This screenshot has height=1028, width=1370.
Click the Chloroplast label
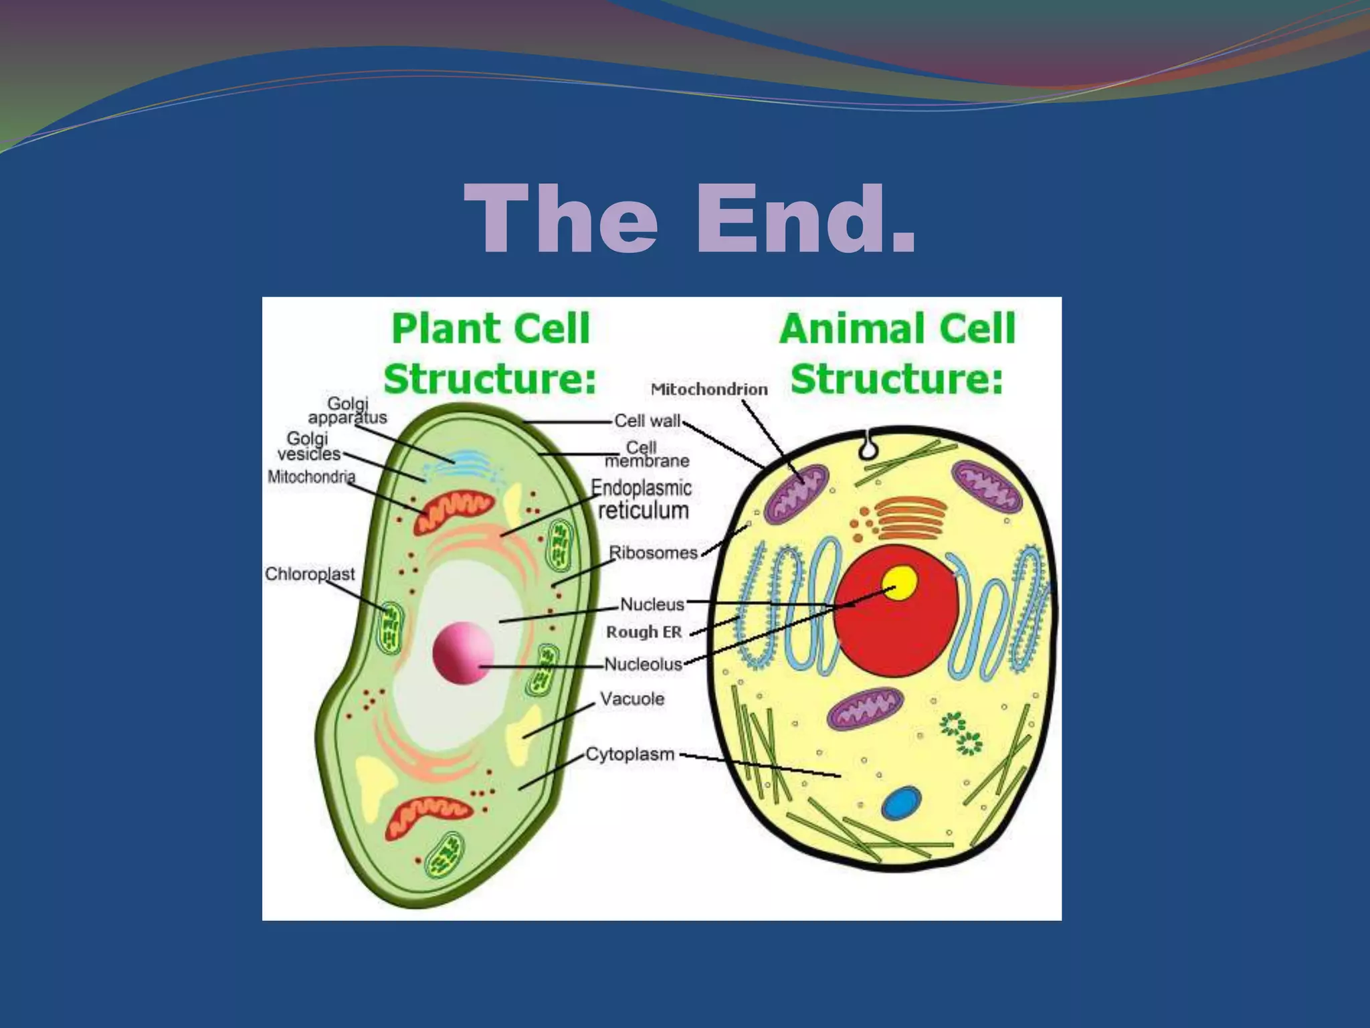pos(309,574)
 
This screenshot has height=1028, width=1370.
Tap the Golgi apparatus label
pos(347,410)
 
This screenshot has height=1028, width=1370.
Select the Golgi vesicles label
pos(308,446)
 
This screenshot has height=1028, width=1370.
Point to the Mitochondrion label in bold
pos(709,389)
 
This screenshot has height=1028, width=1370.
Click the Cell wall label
pos(647,421)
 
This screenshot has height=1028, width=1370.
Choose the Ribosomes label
pos(653,553)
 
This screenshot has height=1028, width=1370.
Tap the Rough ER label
pos(644,632)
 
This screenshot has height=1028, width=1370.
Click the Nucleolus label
pos(643,664)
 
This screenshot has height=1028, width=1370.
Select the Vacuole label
pos(632,699)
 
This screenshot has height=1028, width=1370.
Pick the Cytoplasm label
pos(630,754)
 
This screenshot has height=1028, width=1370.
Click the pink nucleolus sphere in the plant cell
pos(463,653)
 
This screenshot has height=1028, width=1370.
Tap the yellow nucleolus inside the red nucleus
pos(900,583)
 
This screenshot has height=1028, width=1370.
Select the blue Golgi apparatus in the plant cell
pos(462,459)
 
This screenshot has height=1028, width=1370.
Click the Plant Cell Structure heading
pos(490,353)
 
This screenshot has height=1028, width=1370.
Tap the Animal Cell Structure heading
pos(897,353)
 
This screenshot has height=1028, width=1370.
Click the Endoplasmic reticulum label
pos(642,499)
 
